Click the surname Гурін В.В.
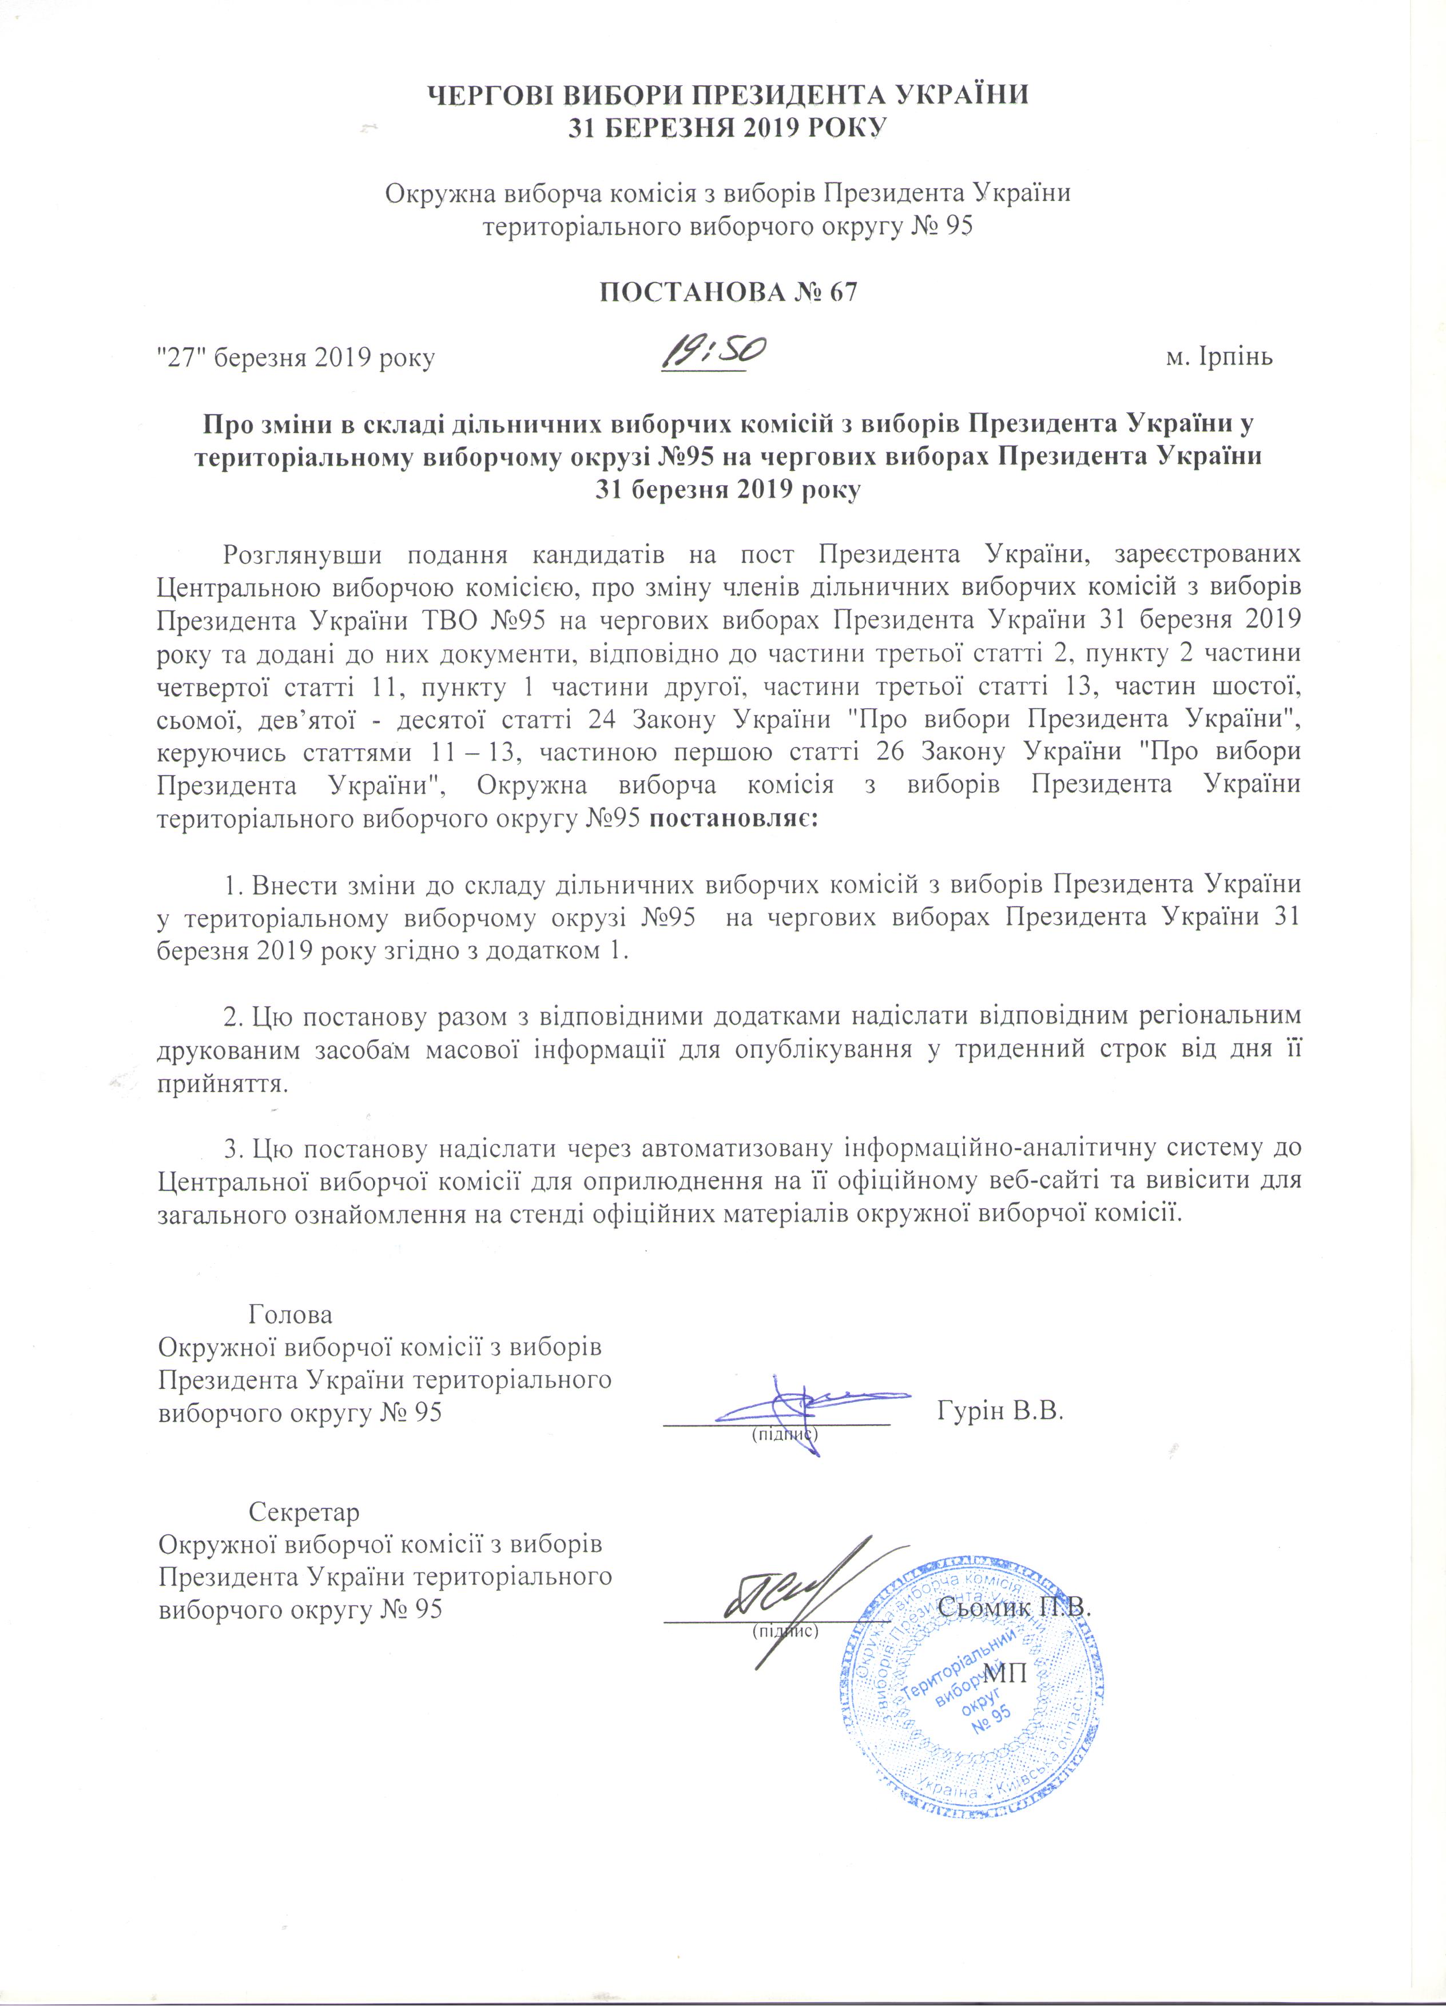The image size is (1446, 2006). [x=999, y=1410]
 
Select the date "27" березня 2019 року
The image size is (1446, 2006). [x=295, y=358]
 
